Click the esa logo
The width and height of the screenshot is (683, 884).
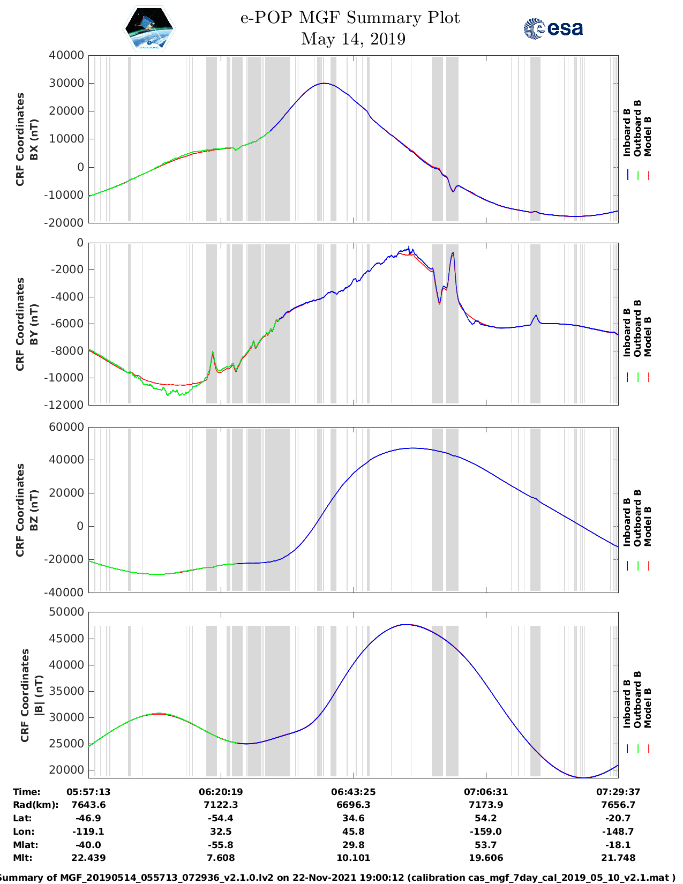click(x=553, y=28)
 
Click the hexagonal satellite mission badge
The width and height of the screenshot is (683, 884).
click(x=149, y=28)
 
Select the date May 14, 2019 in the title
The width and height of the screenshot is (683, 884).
click(x=353, y=39)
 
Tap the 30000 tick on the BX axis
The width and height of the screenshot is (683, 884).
click(x=66, y=83)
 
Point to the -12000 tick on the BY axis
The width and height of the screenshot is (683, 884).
click(x=67, y=405)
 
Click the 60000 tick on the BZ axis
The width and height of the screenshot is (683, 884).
click(x=66, y=427)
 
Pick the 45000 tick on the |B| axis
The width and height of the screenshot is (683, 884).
click(x=66, y=639)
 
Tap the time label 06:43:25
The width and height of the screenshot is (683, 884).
click(x=353, y=792)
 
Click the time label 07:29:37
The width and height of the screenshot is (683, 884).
click(x=618, y=792)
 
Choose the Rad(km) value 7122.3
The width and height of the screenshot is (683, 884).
click(x=221, y=805)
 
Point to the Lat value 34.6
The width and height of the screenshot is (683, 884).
click(x=353, y=818)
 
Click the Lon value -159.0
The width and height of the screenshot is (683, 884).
click(x=485, y=831)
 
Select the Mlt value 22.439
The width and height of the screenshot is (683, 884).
click(x=88, y=858)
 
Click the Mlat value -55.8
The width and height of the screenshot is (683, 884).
click(x=221, y=845)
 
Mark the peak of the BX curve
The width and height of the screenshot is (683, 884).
click(x=324, y=83)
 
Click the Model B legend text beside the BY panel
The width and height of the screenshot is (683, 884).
click(x=648, y=336)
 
